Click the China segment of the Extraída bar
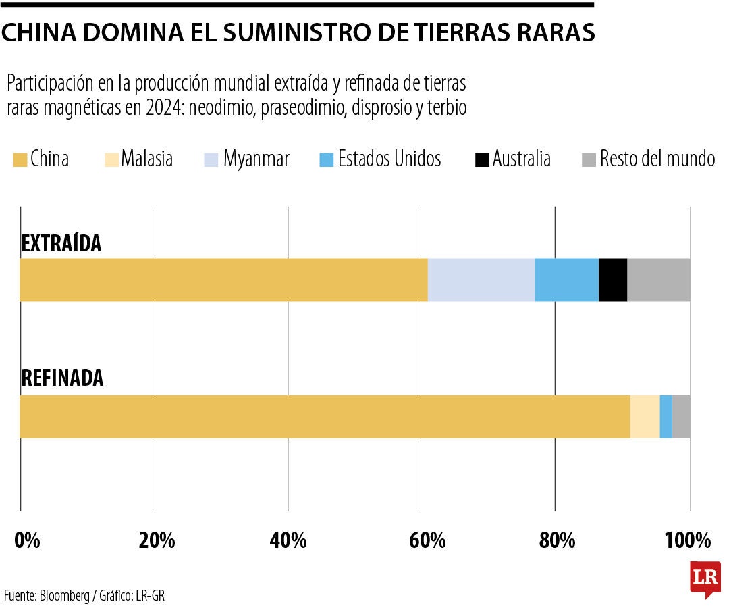[223, 280]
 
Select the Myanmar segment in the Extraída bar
[481, 280]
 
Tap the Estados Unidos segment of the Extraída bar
[566, 280]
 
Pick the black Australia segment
[613, 280]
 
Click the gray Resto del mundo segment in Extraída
[659, 280]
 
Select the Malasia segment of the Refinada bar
[644, 416]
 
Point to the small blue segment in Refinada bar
[666, 416]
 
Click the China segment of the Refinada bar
[324, 416]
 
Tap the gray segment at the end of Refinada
[681, 416]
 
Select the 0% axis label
[27, 540]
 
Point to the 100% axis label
[689, 540]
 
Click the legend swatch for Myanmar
[211, 159]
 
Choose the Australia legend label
[521, 159]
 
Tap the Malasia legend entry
[146, 159]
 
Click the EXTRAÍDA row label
[61, 243]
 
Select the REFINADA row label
[62, 378]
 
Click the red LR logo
[704, 578]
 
